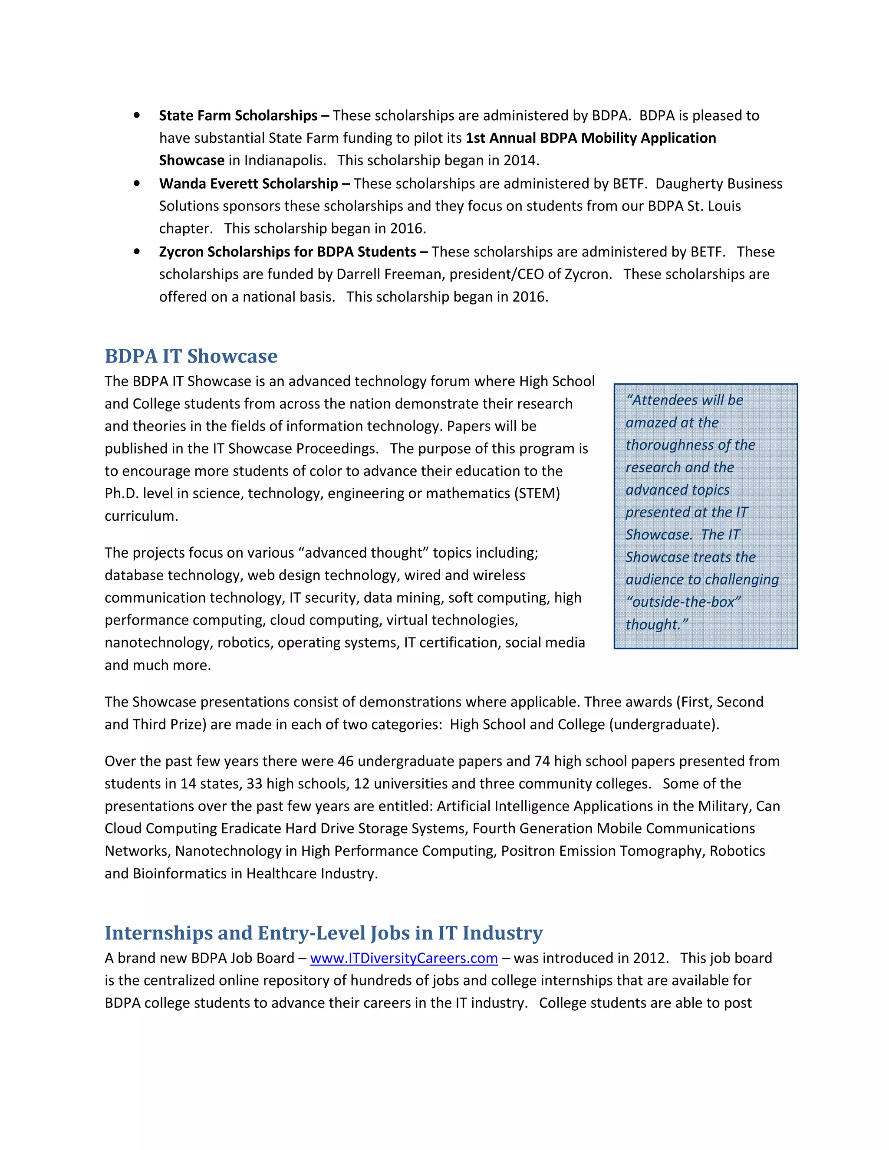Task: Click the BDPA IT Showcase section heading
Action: click(x=191, y=356)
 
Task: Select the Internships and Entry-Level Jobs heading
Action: click(x=323, y=933)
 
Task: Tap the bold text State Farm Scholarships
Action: click(x=238, y=116)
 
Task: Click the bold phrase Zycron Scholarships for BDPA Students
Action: click(x=287, y=252)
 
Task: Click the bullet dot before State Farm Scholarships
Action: click(x=137, y=116)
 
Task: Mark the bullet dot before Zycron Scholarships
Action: click(x=137, y=252)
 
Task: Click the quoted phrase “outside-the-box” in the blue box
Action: click(x=683, y=602)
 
